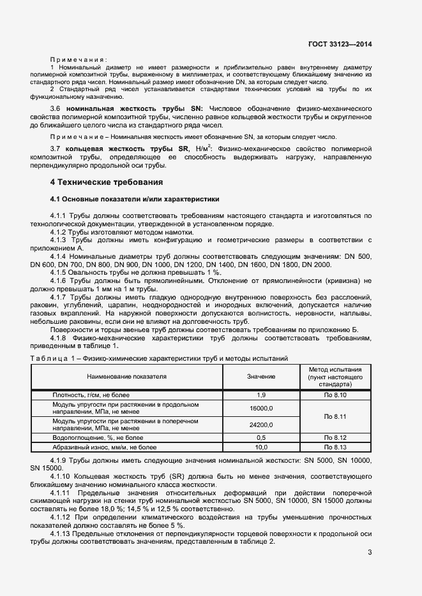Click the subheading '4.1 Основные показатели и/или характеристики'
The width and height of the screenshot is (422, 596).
[x=134, y=199]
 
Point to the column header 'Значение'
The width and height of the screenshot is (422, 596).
[x=261, y=377]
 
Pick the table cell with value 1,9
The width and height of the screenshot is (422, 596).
[x=261, y=395]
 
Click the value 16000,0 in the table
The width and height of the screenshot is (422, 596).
[x=261, y=409]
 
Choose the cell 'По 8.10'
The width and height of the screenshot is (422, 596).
[x=335, y=395]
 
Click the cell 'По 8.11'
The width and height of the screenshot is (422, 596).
[x=335, y=417]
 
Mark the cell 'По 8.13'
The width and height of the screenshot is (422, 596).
[x=335, y=447]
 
